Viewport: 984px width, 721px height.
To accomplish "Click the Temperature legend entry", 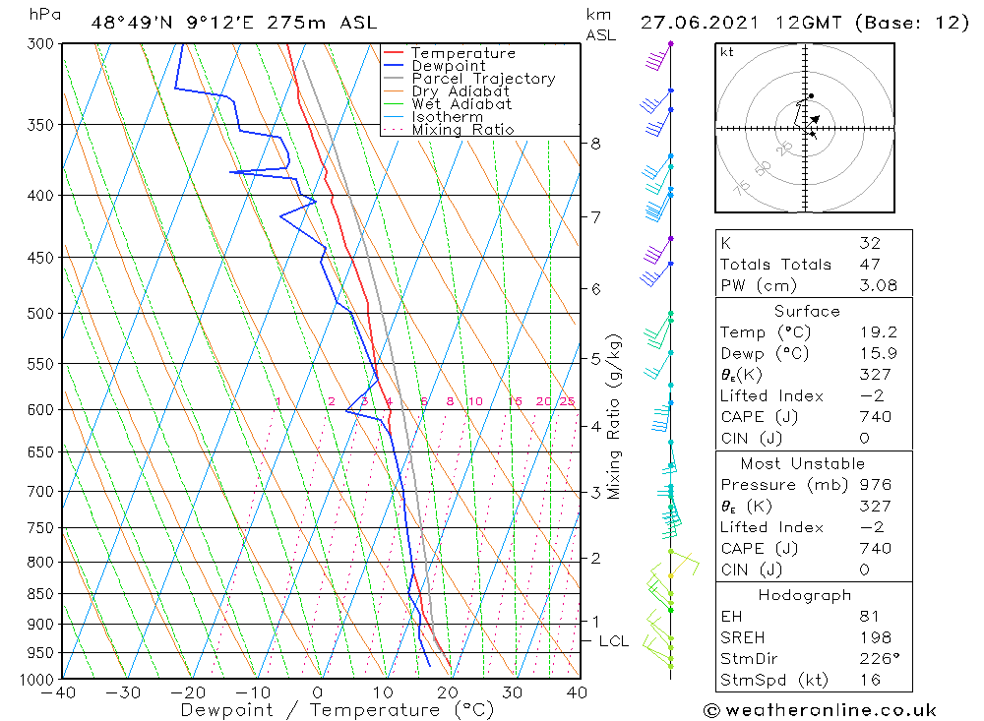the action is [450, 53].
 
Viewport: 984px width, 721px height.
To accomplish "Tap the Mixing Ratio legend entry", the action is [450, 130].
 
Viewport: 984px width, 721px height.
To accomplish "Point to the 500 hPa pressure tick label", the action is [40, 313].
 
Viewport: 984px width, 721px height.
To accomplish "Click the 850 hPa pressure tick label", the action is [40, 593].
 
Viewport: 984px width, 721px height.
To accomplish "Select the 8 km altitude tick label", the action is [595, 144].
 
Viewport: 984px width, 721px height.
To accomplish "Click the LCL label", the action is [614, 641].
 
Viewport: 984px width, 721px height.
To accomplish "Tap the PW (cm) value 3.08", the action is [878, 285].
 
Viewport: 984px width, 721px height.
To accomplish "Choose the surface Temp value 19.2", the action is [878, 331].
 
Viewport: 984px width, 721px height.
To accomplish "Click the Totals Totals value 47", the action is [870, 265].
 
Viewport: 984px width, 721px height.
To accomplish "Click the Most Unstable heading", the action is [803, 463].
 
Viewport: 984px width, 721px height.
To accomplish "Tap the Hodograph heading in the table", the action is [805, 595].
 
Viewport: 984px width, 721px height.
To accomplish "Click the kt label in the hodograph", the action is [727, 52].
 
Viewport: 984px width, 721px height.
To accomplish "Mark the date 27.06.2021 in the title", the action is [699, 23].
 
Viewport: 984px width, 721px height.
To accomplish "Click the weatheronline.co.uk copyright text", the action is [820, 710].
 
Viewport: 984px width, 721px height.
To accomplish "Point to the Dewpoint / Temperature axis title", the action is [337, 710].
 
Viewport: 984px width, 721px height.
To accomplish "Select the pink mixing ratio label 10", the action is [475, 401].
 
